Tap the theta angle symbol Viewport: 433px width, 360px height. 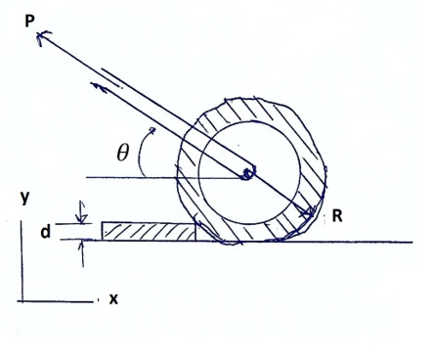click(x=122, y=153)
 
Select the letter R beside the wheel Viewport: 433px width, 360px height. click(x=335, y=216)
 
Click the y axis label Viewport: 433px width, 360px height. click(x=23, y=198)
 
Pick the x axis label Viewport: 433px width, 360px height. click(x=113, y=299)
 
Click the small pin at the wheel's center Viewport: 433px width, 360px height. click(x=249, y=174)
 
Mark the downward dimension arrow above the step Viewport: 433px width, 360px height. click(x=82, y=212)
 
